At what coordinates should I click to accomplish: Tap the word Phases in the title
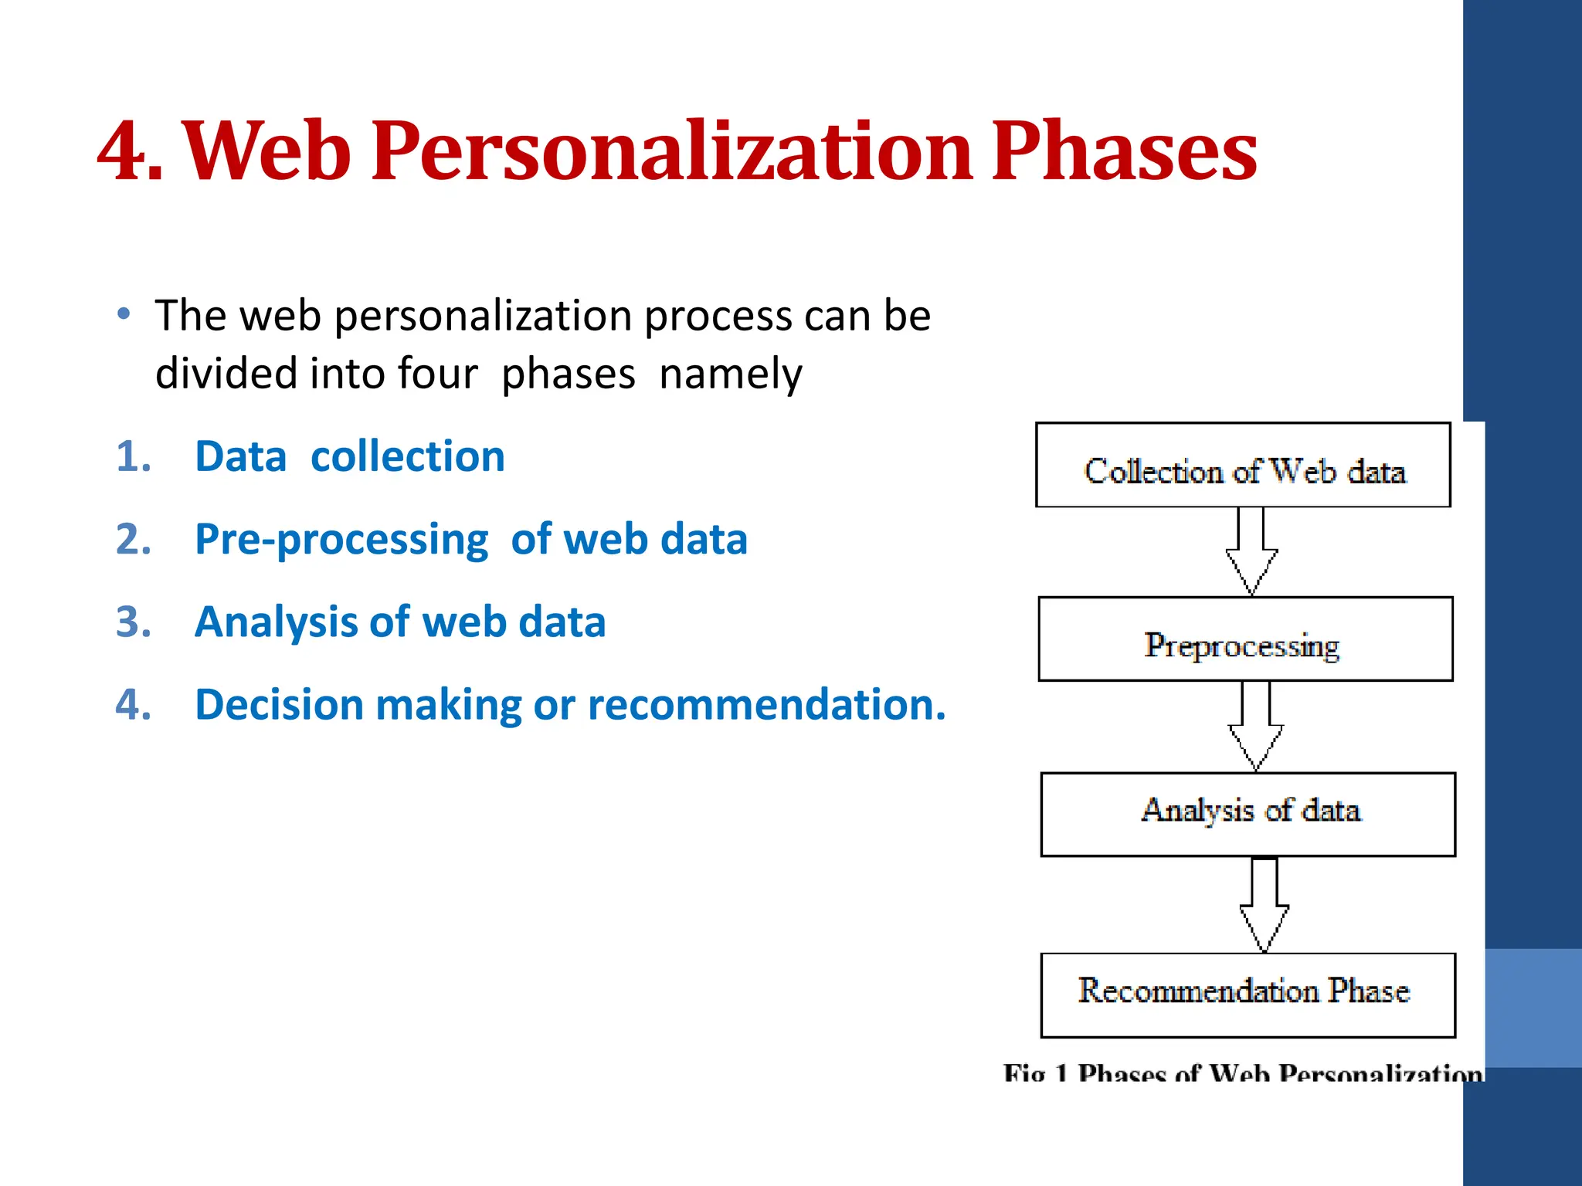click(1124, 152)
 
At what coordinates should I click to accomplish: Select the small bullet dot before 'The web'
click(124, 314)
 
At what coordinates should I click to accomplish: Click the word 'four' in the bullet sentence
click(438, 374)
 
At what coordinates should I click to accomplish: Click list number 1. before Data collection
click(133, 456)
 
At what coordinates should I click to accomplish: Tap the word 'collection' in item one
click(407, 456)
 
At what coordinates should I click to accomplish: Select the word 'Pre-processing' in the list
click(341, 540)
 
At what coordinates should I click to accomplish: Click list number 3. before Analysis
click(133, 622)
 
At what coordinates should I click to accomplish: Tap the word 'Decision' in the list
click(279, 705)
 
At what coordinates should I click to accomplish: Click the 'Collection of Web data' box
click(1243, 466)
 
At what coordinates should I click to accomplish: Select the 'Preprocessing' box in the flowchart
click(1245, 639)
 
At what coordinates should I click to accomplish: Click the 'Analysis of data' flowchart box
click(1248, 815)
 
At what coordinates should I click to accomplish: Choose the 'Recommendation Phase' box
click(1248, 995)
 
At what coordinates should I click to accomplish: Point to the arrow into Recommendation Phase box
click(1264, 905)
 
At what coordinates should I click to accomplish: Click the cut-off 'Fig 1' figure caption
click(1242, 1072)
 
